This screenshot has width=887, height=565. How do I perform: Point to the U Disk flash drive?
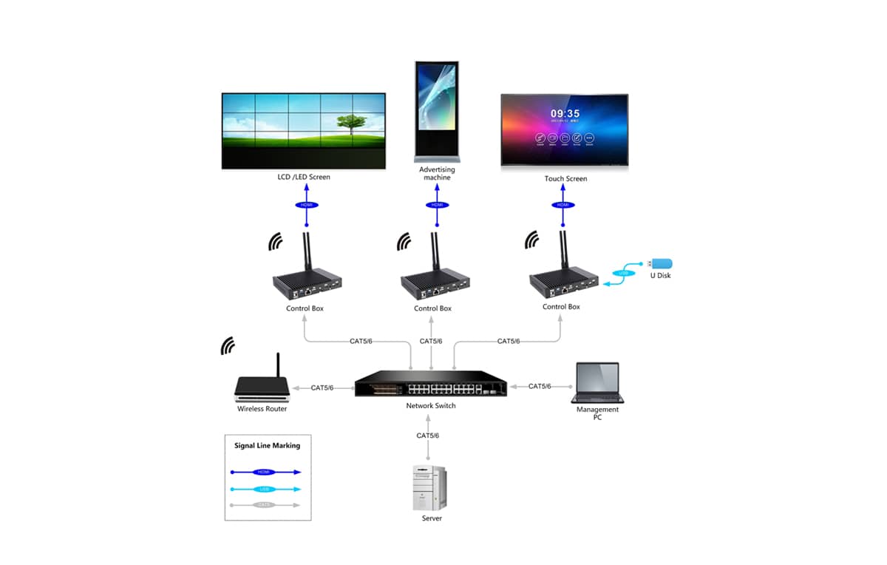pos(660,263)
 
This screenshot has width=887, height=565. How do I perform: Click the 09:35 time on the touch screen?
pos(565,115)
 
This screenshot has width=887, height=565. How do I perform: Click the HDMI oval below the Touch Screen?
pos(563,205)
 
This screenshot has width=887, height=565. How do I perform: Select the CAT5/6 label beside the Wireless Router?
pos(322,388)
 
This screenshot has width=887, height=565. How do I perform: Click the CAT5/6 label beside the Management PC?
pos(540,386)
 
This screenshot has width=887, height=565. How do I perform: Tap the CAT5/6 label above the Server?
pos(427,436)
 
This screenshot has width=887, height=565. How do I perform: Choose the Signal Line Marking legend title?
pos(267,446)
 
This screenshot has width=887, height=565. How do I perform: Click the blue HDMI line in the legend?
pos(265,471)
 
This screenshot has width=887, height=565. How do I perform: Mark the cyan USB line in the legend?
pos(265,489)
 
